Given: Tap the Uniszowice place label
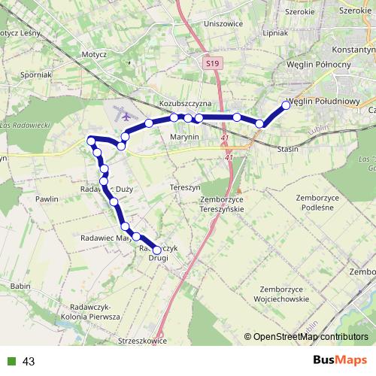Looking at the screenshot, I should [223, 23].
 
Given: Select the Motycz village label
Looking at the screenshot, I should [95, 55].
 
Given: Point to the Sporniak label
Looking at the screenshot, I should [37, 75].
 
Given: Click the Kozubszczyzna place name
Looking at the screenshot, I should [187, 102].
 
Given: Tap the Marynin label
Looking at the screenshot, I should [183, 137].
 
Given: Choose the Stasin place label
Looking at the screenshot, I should [288, 150].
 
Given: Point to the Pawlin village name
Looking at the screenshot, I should [47, 199].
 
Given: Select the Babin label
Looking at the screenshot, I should [20, 287].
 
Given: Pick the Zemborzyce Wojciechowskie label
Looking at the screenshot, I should [284, 294].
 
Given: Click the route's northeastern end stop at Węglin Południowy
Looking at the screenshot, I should [286, 105].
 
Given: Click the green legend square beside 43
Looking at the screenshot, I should [11, 362].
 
